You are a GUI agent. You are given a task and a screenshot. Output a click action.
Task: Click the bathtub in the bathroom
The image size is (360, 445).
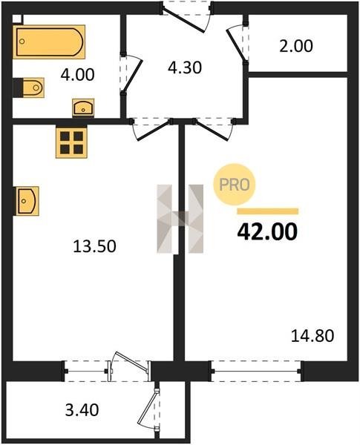coord(49,42)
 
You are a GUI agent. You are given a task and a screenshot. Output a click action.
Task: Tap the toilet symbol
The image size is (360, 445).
coord(29,88)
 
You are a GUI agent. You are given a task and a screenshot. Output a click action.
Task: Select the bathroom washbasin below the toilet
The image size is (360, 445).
coord(83,108)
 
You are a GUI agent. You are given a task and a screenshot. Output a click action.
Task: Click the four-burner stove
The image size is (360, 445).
coord(71,142)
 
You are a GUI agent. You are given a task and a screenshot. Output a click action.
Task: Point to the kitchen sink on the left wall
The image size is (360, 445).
coord(26,201)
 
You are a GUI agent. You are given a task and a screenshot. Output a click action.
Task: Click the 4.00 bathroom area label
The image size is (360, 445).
coord(77,75)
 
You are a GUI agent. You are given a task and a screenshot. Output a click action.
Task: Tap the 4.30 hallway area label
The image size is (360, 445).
coord(185,68)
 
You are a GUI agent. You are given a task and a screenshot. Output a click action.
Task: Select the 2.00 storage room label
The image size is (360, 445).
coord(295,46)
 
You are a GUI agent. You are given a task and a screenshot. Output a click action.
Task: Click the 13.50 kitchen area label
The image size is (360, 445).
coord(94,246)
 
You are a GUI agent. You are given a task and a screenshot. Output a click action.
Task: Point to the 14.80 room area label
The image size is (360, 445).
coord(312,336)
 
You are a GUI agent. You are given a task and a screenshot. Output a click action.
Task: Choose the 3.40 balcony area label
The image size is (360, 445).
coord(82,410)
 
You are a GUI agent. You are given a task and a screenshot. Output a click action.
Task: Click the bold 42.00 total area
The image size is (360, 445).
coord(267,231)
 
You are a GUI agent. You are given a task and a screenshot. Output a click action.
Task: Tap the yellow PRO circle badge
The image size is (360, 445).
coord(235,185)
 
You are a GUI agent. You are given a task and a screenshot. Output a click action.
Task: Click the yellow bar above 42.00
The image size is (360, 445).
coord(268,211)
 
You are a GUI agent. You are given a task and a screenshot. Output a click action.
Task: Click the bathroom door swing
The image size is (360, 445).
coord(131,74)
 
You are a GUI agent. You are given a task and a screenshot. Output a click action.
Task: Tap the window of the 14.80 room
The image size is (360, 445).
coord(255,371)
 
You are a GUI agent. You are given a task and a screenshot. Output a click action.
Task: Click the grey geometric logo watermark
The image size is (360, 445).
coord(180,219)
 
